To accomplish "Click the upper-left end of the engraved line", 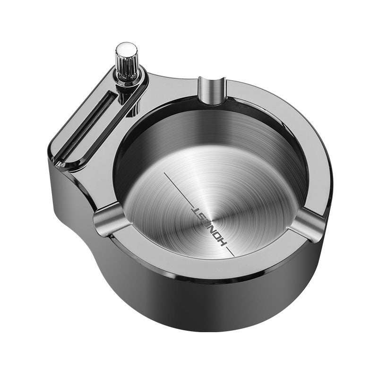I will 164,173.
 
